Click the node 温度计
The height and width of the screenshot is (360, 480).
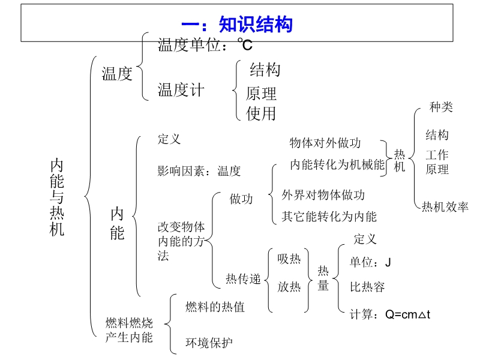click(181, 91)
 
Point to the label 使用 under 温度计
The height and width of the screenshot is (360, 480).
click(261, 113)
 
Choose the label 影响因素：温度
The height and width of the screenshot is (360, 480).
click(199, 171)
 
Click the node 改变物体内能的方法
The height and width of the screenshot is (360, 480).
click(181, 241)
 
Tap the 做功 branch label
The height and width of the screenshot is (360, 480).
click(241, 199)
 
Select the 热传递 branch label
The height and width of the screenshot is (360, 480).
click(243, 279)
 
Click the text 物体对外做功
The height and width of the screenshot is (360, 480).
click(325, 143)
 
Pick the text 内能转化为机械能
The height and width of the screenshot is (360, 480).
click(337, 164)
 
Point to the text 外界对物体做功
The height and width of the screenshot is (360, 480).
click(323, 195)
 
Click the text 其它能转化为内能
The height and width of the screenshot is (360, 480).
click(329, 217)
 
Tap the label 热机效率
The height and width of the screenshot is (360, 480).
click(445, 207)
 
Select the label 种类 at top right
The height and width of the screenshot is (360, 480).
click(441, 107)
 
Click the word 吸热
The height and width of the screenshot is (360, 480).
click(289, 259)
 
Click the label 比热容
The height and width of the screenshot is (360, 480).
click(367, 286)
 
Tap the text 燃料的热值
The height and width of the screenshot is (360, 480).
click(215, 307)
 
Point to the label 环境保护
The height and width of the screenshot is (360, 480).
click(209, 343)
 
